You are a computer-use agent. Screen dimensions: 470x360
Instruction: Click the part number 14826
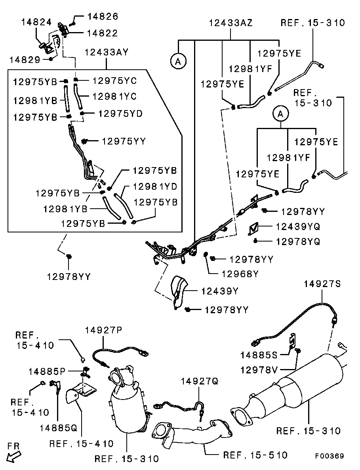103,17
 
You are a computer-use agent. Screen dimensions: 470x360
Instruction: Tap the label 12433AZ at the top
230,23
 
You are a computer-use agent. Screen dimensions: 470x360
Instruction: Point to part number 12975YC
114,81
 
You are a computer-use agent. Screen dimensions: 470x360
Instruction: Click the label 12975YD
120,114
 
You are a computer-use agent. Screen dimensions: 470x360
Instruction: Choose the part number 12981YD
155,186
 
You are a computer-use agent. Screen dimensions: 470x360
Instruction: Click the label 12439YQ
298,226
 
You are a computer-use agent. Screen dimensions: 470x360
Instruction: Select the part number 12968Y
240,274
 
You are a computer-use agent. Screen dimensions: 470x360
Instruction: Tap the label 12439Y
220,291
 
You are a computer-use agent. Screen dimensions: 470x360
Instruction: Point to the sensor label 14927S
322,284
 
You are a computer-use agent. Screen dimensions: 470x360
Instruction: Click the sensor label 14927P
104,330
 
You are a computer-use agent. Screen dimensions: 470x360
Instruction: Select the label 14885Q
58,428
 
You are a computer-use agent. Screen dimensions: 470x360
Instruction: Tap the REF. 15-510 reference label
255,455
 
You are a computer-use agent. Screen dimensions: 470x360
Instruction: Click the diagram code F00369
330,456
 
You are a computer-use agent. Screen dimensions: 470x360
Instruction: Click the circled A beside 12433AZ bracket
178,61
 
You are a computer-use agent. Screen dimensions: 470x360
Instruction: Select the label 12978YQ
298,241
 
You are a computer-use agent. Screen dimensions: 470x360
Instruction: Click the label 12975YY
124,141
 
